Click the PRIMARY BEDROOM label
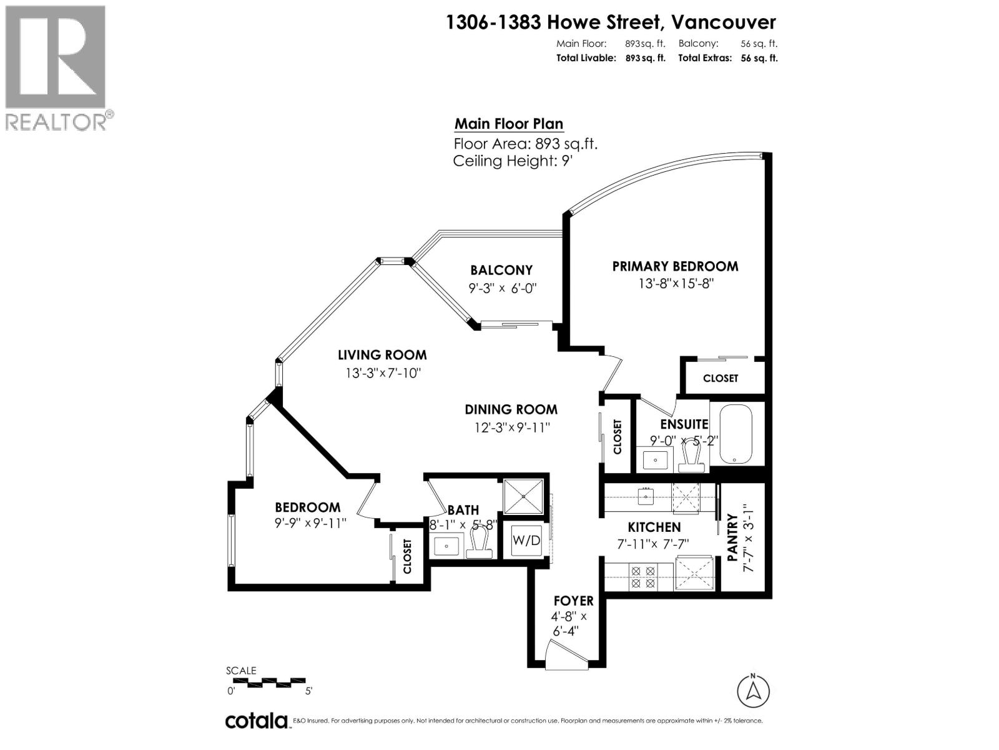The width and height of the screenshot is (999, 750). click(x=675, y=266)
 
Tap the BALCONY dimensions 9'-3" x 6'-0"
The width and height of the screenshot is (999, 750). click(x=503, y=288)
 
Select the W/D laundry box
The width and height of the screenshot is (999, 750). click(x=526, y=540)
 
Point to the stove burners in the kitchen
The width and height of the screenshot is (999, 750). click(x=643, y=576)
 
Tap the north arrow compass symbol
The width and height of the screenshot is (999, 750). click(x=754, y=691)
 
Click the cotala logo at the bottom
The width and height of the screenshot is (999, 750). click(x=256, y=720)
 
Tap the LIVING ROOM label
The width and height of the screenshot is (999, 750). click(x=382, y=355)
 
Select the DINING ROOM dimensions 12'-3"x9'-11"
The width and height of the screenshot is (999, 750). click(x=511, y=428)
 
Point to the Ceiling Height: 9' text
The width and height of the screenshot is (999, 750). click(x=512, y=161)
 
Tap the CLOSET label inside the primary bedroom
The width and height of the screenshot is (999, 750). click(x=720, y=378)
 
